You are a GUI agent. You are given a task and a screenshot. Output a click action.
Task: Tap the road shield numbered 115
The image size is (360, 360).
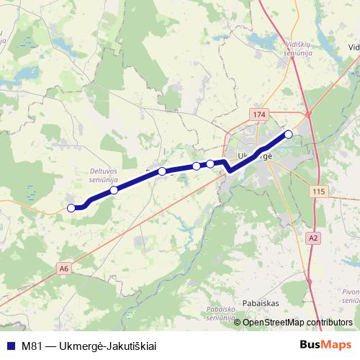(320, 191)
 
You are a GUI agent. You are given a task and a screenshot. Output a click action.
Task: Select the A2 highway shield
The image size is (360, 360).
(312, 237)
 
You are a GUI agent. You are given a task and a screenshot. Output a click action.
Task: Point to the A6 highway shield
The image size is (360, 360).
(65, 269)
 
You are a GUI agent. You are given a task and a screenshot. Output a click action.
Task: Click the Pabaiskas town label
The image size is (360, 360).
(261, 303)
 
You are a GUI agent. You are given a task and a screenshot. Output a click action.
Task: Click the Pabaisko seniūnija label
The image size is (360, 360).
(221, 312)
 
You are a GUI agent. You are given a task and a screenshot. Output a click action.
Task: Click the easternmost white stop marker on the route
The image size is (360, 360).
(289, 134)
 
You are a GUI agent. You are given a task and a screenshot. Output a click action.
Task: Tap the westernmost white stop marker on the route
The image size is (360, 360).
(71, 208)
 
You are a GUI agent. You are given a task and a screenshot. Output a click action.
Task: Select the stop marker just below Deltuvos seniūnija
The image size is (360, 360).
(114, 190)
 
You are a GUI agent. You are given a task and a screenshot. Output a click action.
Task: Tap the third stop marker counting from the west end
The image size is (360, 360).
(162, 171)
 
